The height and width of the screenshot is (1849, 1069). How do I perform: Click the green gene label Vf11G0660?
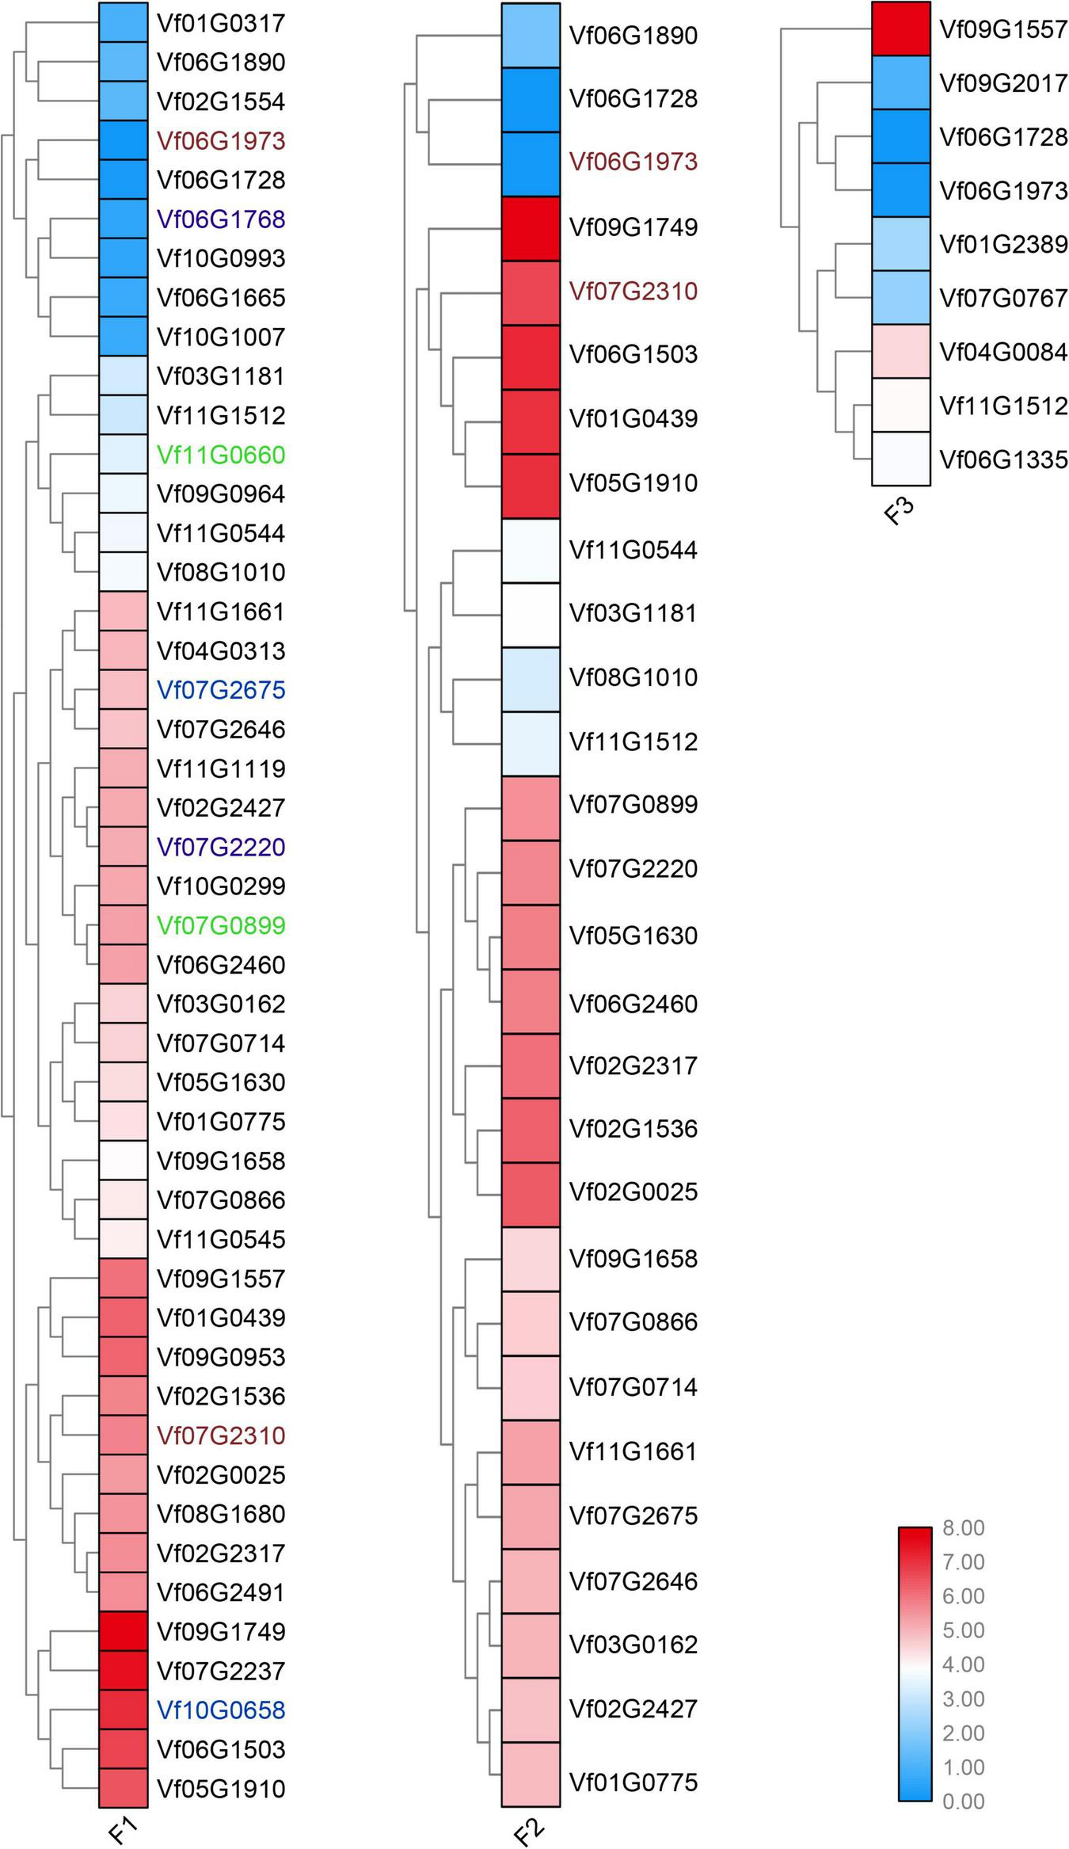[221, 455]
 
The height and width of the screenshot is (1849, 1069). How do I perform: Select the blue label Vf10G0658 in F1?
[221, 1710]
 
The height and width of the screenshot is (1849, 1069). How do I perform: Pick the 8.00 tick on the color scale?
[963, 1528]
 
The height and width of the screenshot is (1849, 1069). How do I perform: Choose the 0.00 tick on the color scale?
[963, 1801]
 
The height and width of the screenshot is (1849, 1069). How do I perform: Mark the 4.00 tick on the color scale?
[963, 1664]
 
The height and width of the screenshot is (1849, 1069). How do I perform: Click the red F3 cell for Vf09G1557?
[900, 29]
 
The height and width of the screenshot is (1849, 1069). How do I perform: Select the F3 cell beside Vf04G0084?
[900, 351]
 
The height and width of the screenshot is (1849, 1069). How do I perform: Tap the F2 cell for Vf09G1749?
[531, 228]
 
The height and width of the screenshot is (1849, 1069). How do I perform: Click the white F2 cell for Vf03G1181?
[531, 614]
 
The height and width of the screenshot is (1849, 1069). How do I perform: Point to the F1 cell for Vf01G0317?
[123, 22]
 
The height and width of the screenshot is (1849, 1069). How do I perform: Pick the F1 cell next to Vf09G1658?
[123, 1161]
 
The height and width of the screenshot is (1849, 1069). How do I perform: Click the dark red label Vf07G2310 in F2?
[633, 292]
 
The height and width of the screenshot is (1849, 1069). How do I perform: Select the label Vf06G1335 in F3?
[1003, 459]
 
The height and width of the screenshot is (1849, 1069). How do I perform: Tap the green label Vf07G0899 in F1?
[221, 925]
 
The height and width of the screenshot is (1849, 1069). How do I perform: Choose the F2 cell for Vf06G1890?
[531, 36]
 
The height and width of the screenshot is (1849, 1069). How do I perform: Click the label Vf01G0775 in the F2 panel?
[633, 1782]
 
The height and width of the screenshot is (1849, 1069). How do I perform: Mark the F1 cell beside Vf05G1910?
[123, 1788]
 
